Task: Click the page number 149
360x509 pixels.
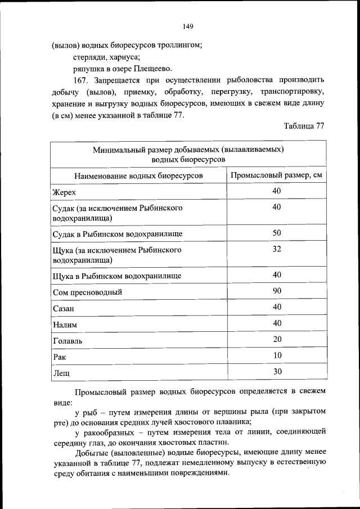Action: pyautogui.click(x=188, y=26)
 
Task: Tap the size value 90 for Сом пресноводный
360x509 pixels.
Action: pyautogui.click(x=277, y=291)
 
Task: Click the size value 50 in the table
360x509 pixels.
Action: pyautogui.click(x=277, y=232)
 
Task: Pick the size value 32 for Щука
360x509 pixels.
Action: pyautogui.click(x=277, y=249)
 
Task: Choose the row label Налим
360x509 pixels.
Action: pyautogui.click(x=64, y=325)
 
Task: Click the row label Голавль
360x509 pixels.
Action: pyautogui.click(x=67, y=341)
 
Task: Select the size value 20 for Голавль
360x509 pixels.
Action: pyautogui.click(x=277, y=339)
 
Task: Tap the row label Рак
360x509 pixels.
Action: pyautogui.click(x=58, y=357)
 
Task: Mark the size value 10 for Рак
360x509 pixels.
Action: pyautogui.click(x=277, y=355)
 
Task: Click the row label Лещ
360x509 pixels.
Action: pyautogui.click(x=60, y=373)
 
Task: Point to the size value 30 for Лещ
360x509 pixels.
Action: pyautogui.click(x=277, y=372)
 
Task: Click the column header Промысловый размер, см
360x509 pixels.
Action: pyautogui.click(x=277, y=175)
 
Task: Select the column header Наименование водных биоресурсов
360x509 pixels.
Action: pyautogui.click(x=138, y=175)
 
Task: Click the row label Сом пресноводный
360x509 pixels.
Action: pyautogui.click(x=87, y=292)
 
